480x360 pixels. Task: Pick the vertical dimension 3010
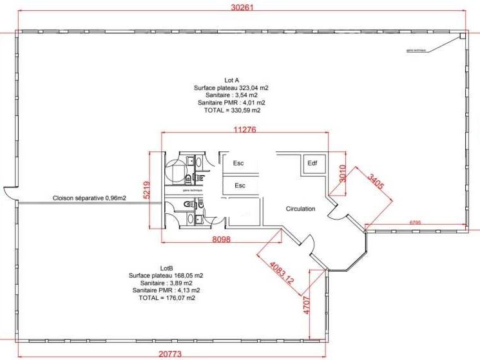pyautogui.click(x=343, y=173)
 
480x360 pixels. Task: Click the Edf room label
pyautogui.click(x=312, y=163)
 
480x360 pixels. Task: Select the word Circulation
pyautogui.click(x=301, y=209)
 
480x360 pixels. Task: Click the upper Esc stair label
pyautogui.click(x=238, y=164)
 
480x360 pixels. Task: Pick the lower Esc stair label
pyautogui.click(x=240, y=185)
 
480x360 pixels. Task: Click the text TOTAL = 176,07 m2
pyautogui.click(x=167, y=298)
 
